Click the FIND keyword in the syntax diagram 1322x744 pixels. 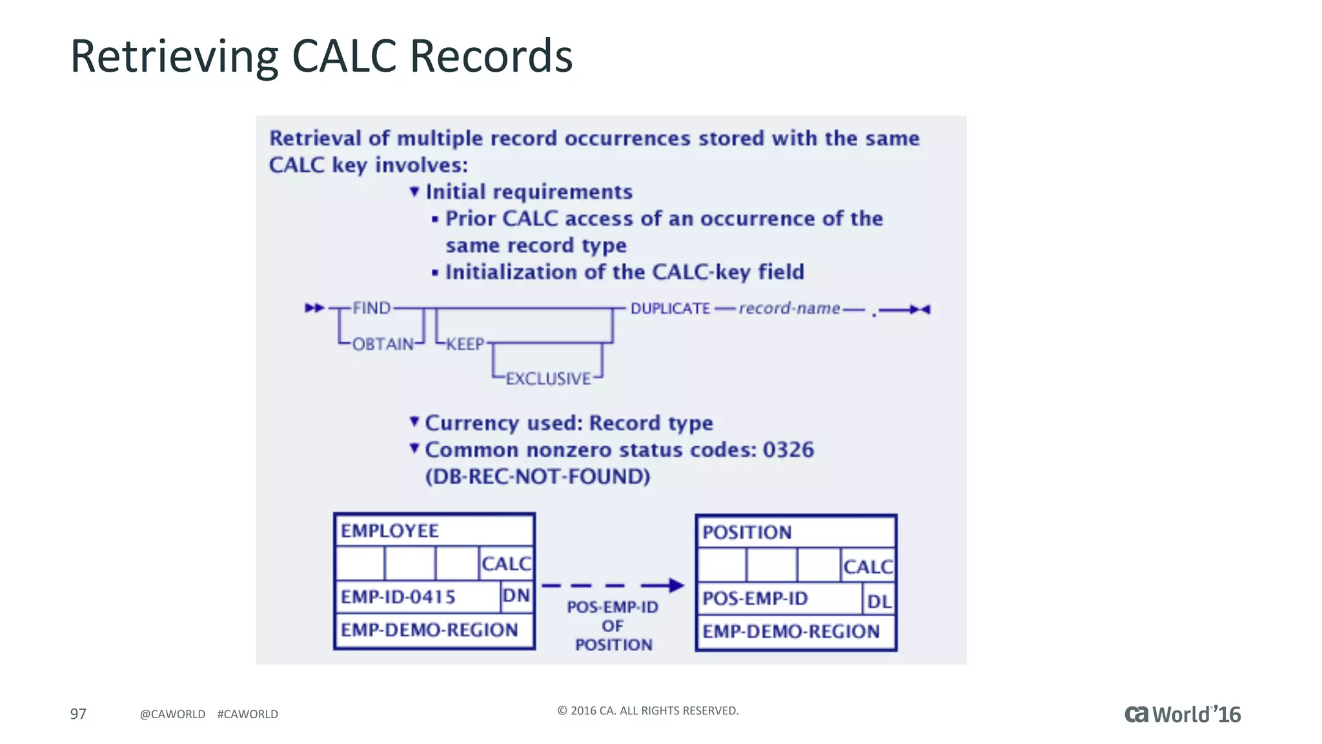pos(371,308)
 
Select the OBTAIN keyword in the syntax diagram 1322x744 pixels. pos(383,344)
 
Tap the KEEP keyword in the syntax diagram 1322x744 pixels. pos(465,344)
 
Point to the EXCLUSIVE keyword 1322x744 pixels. pos(548,378)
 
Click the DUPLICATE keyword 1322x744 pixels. pos(670,309)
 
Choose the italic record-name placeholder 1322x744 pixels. pos(789,309)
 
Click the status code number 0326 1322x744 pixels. pos(788,449)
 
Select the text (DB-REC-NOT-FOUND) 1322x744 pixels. pos(538,477)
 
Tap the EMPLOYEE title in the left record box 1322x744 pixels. pos(389,531)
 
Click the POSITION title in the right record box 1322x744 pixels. pos(747,532)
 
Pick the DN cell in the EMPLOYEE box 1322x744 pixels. pos(516,595)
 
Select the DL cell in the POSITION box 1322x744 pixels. pos(879,601)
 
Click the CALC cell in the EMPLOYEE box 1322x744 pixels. pos(506,564)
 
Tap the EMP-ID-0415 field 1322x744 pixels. pos(398,597)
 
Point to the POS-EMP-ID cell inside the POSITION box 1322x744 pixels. pos(755,599)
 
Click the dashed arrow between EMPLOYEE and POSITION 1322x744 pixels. pos(612,585)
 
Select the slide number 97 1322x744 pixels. pos(78,714)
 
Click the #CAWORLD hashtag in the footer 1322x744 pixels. pos(248,714)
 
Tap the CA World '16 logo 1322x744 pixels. pos(1183,714)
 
